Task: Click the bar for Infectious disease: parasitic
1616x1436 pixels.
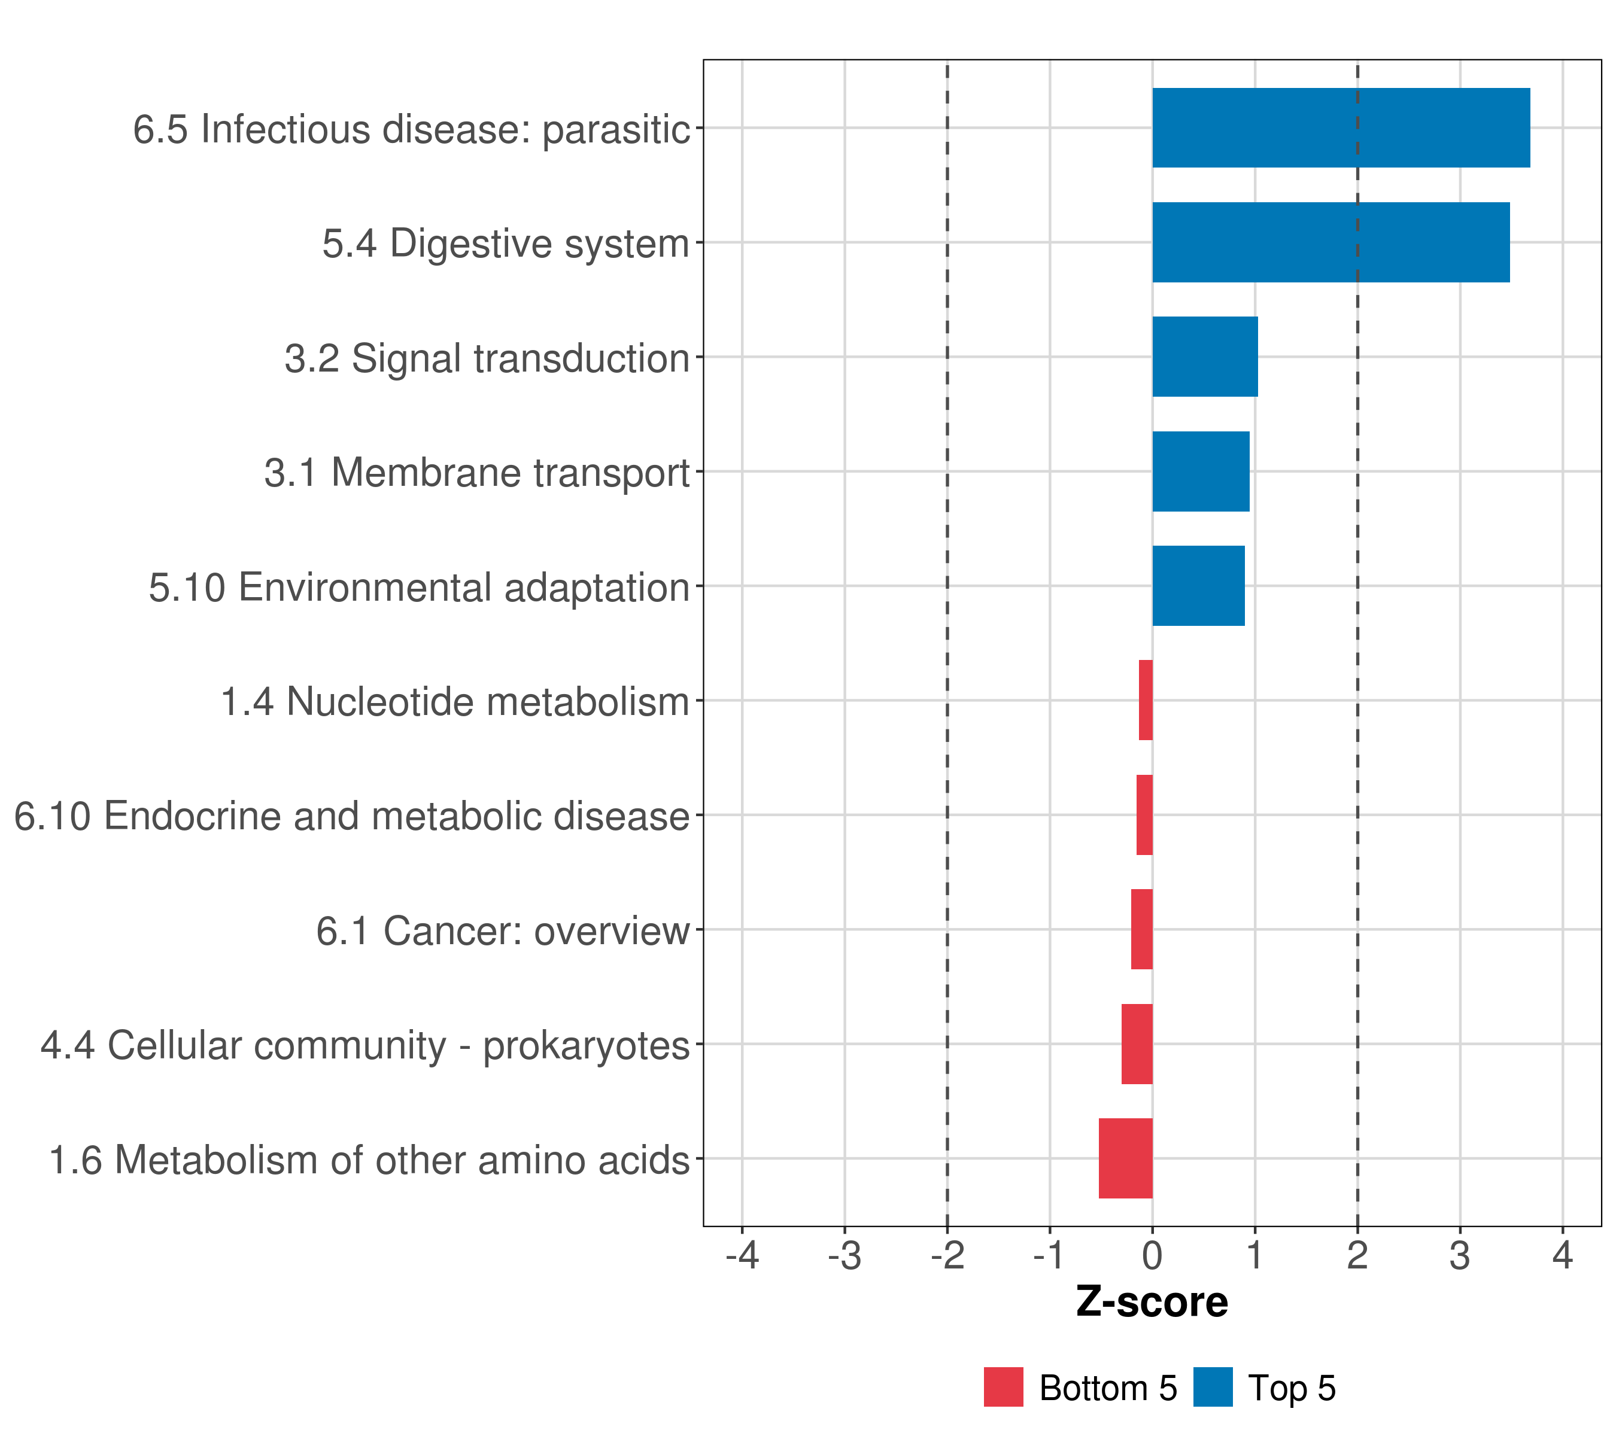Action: (x=1341, y=128)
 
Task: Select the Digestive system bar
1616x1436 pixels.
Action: (x=1331, y=243)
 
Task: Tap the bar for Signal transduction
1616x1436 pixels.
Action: (x=1205, y=357)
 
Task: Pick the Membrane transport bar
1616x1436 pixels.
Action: (x=1201, y=472)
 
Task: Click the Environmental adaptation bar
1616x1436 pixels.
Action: (x=1199, y=586)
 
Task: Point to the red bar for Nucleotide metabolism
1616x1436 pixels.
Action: (x=1146, y=700)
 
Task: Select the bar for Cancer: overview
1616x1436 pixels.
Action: (x=1141, y=929)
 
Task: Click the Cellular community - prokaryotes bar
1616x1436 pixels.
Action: (x=1137, y=1044)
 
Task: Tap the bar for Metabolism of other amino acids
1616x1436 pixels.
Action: (x=1126, y=1158)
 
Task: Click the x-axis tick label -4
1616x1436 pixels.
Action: (x=742, y=1256)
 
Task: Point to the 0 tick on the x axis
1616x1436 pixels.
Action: (x=1153, y=1256)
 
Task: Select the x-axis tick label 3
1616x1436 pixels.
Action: (x=1460, y=1256)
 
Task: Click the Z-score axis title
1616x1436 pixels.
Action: (x=1152, y=1303)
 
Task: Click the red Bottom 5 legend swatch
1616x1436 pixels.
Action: (x=1003, y=1388)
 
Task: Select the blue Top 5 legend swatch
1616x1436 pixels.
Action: (x=1213, y=1388)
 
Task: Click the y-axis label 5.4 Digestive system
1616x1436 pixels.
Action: (x=506, y=244)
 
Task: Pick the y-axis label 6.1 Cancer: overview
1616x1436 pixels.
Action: (x=503, y=931)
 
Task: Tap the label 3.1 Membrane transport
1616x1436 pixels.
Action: (x=477, y=473)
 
